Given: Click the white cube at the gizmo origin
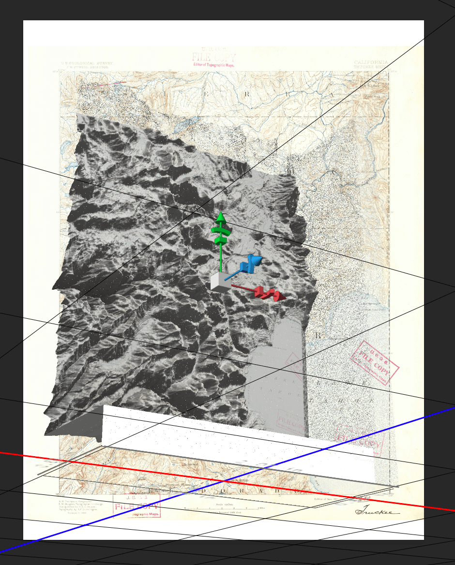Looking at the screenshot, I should coord(221,282).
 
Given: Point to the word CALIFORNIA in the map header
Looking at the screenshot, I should coord(371,62).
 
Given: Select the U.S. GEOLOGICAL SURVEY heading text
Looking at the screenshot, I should coord(87,63).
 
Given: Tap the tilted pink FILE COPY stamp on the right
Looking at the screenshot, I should coord(374,361).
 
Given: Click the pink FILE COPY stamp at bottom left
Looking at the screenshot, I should coord(136,506).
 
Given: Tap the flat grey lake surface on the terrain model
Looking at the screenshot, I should coord(273,368).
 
